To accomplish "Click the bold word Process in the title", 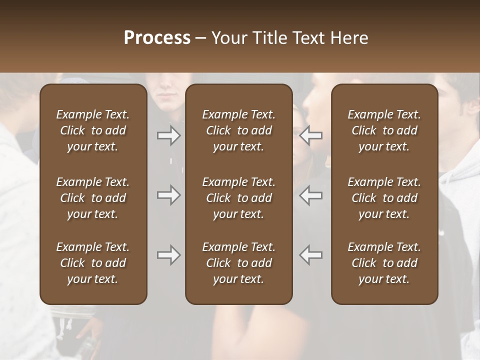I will [x=157, y=38].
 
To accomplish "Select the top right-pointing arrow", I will [x=168, y=135].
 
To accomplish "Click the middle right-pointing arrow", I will [x=168, y=195].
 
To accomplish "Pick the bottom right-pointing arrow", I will [x=168, y=255].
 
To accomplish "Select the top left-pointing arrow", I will [x=311, y=135].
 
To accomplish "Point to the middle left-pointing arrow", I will [x=311, y=195].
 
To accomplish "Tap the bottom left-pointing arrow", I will [x=311, y=255].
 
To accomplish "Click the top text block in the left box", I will [x=93, y=130].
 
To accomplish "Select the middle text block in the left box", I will [x=93, y=198].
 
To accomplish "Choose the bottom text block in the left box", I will [x=93, y=263].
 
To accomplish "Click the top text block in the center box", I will [x=238, y=130].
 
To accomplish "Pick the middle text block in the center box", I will [x=238, y=198].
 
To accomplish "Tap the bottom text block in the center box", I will [x=238, y=263].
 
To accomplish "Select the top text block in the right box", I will [x=384, y=130].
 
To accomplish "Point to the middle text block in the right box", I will [x=384, y=198].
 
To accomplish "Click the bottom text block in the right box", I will [x=384, y=263].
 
